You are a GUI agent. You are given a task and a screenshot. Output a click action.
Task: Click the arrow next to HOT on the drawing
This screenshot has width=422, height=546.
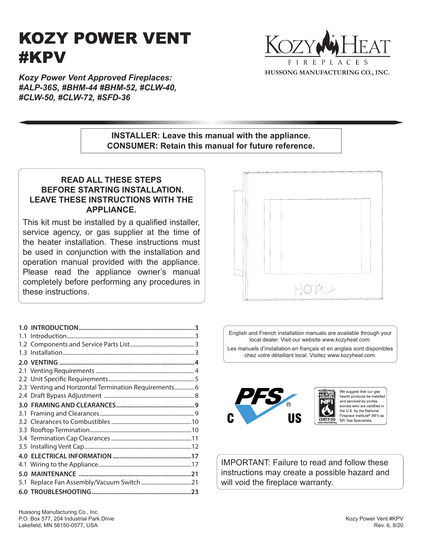[x=328, y=290]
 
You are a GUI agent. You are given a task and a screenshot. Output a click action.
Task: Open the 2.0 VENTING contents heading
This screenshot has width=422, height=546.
[x=38, y=362]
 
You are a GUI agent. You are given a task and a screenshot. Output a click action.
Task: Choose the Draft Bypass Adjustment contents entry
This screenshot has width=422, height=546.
[x=66, y=395]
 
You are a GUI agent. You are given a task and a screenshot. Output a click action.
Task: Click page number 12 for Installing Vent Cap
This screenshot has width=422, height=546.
[x=195, y=446]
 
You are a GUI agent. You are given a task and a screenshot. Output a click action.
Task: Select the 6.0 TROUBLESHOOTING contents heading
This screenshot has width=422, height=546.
[x=55, y=492]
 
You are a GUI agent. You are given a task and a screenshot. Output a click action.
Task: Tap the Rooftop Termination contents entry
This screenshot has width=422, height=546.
[x=60, y=430]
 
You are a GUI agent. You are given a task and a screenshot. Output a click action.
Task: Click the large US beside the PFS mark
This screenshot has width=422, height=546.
[x=294, y=418]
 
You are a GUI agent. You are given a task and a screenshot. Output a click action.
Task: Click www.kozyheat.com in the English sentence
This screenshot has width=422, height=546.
[x=346, y=340]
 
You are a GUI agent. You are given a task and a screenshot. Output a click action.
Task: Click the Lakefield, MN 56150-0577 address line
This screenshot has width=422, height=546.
[x=58, y=525]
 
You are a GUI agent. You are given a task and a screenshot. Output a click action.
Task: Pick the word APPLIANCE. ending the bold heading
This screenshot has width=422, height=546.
[x=111, y=210]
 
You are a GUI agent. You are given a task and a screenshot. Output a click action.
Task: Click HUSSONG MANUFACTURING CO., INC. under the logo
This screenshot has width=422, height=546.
[x=327, y=72]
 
